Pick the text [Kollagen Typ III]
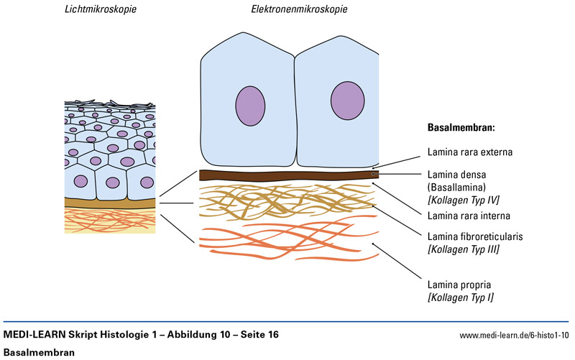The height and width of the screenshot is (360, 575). coord(464,249)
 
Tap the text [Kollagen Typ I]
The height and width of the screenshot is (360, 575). coord(461,297)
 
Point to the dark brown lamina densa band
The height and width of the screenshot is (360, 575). coord(287,175)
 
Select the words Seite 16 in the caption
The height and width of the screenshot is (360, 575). coord(256,336)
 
